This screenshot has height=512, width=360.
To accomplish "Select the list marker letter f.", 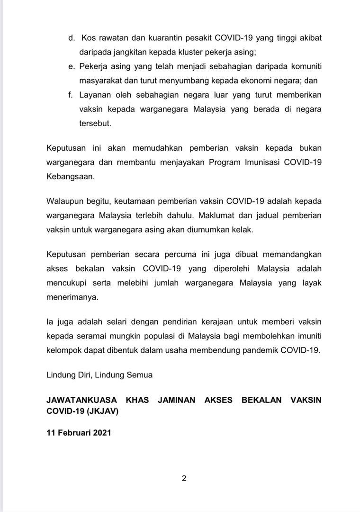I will coord(70,94).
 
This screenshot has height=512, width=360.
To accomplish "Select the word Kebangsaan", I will coord(71,176).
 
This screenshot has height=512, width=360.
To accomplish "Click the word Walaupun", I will coord(65,201).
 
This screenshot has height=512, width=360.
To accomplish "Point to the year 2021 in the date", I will coord(101,432).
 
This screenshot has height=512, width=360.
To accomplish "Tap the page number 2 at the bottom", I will coord(184,478).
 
